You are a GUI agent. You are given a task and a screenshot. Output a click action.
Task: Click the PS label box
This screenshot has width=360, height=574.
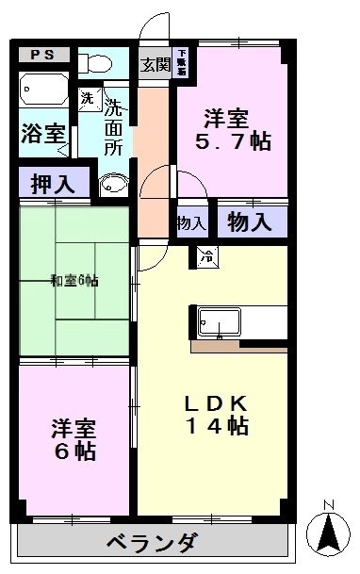click(43, 55)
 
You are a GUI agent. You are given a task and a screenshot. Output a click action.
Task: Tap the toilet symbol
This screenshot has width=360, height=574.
click(95, 62)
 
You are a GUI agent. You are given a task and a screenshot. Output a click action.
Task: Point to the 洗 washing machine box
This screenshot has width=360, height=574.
click(88, 96)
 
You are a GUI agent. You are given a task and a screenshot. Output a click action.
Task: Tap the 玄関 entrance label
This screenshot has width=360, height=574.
click(155, 64)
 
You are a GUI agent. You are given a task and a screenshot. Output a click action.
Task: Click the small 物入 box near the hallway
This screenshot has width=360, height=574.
click(191, 222)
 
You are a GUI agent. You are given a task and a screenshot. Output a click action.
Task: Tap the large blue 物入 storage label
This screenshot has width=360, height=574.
click(250, 222)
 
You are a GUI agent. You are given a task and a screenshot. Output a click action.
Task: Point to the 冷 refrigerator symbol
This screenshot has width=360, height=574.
click(205, 254)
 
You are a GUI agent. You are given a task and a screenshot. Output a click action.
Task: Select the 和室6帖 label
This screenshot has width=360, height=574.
click(75, 280)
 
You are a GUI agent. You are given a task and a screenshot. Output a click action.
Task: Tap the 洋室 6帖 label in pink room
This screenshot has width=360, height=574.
click(74, 439)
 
